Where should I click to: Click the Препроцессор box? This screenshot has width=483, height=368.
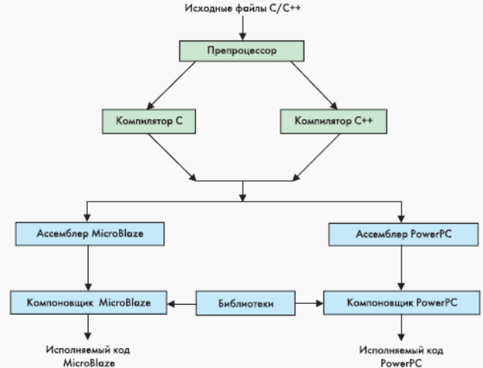(x=241, y=51)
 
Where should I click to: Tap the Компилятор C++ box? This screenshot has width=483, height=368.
(x=333, y=120)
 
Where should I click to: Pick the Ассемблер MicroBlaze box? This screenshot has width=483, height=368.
(x=89, y=233)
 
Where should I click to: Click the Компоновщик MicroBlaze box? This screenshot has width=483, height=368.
(x=89, y=304)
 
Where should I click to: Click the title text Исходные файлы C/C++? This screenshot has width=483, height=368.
(x=242, y=8)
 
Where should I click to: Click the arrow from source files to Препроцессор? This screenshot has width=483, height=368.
(x=242, y=27)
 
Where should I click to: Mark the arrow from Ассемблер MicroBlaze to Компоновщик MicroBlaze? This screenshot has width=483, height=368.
(x=89, y=267)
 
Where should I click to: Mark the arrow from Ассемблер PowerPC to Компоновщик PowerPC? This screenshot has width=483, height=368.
(x=399, y=268)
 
